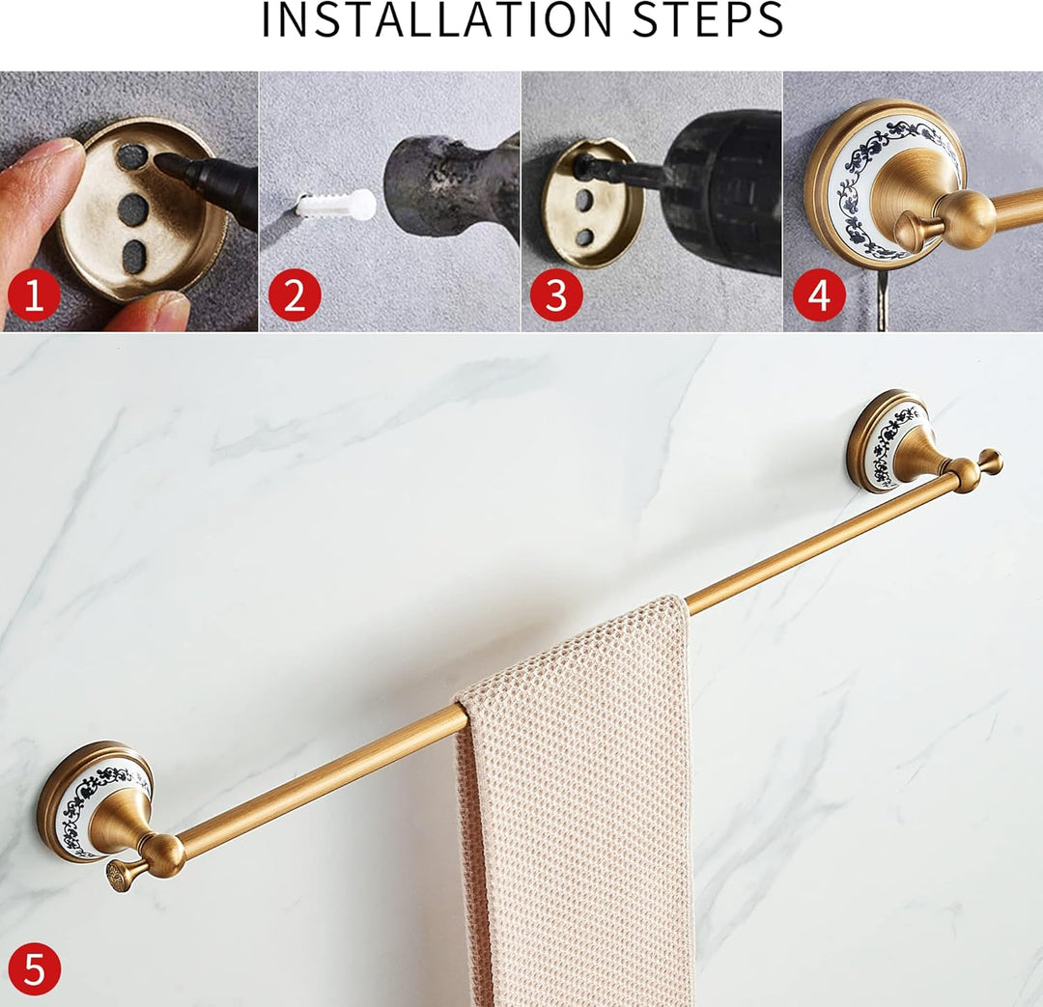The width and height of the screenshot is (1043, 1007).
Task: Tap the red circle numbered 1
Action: (34, 295)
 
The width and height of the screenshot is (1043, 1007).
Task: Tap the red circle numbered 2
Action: (294, 295)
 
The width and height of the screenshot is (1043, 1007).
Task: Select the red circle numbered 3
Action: (555, 295)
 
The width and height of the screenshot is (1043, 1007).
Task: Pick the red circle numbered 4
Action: (819, 295)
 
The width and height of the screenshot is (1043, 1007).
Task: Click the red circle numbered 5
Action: (34, 968)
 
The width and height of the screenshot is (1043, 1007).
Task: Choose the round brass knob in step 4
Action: (966, 217)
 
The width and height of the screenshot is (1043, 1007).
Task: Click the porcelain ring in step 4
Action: (850, 183)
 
